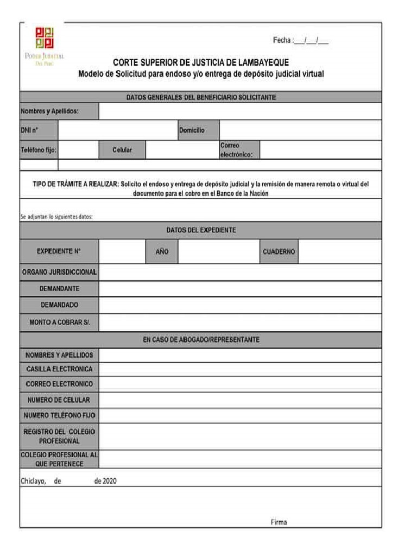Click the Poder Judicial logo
49,45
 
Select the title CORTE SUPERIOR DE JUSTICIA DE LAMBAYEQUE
200,62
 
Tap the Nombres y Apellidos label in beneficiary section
50,111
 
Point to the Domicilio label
192,130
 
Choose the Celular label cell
122,150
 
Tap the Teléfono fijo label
39,150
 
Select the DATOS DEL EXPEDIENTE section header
200,230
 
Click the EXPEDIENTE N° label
59,252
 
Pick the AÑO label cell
162,252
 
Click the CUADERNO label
279,252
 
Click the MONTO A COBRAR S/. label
60,323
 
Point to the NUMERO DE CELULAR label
59,400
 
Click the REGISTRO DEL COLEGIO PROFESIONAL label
59,436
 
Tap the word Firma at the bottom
279,522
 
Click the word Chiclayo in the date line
33,481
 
